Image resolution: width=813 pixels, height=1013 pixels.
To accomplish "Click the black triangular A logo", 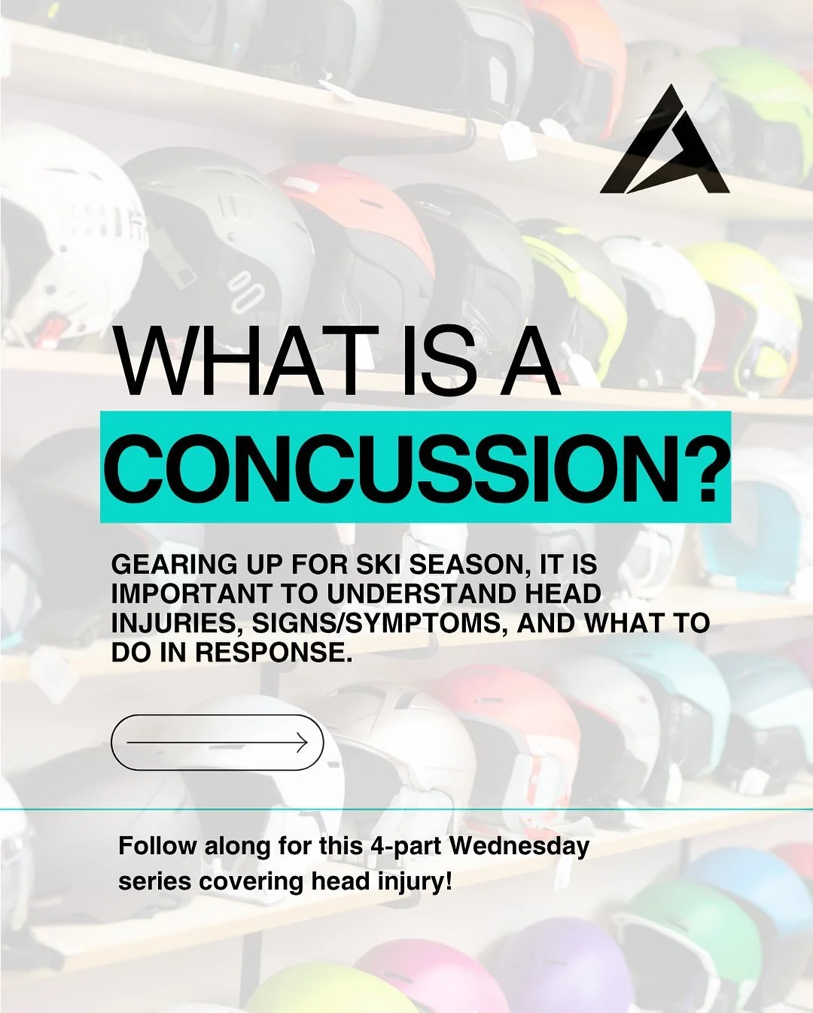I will [665, 147].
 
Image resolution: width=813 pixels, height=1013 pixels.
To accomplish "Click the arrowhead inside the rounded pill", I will [302, 743].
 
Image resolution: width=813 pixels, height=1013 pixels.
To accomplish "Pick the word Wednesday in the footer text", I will [519, 846].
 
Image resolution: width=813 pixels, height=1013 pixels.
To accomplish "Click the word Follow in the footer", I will [157, 846].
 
